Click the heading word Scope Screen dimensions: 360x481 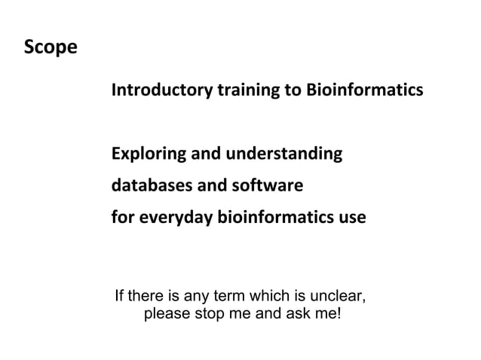coord(51,48)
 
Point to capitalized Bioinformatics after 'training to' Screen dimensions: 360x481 coord(364,91)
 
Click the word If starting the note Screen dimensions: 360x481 coord(119,294)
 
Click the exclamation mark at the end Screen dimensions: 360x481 coord(339,313)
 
